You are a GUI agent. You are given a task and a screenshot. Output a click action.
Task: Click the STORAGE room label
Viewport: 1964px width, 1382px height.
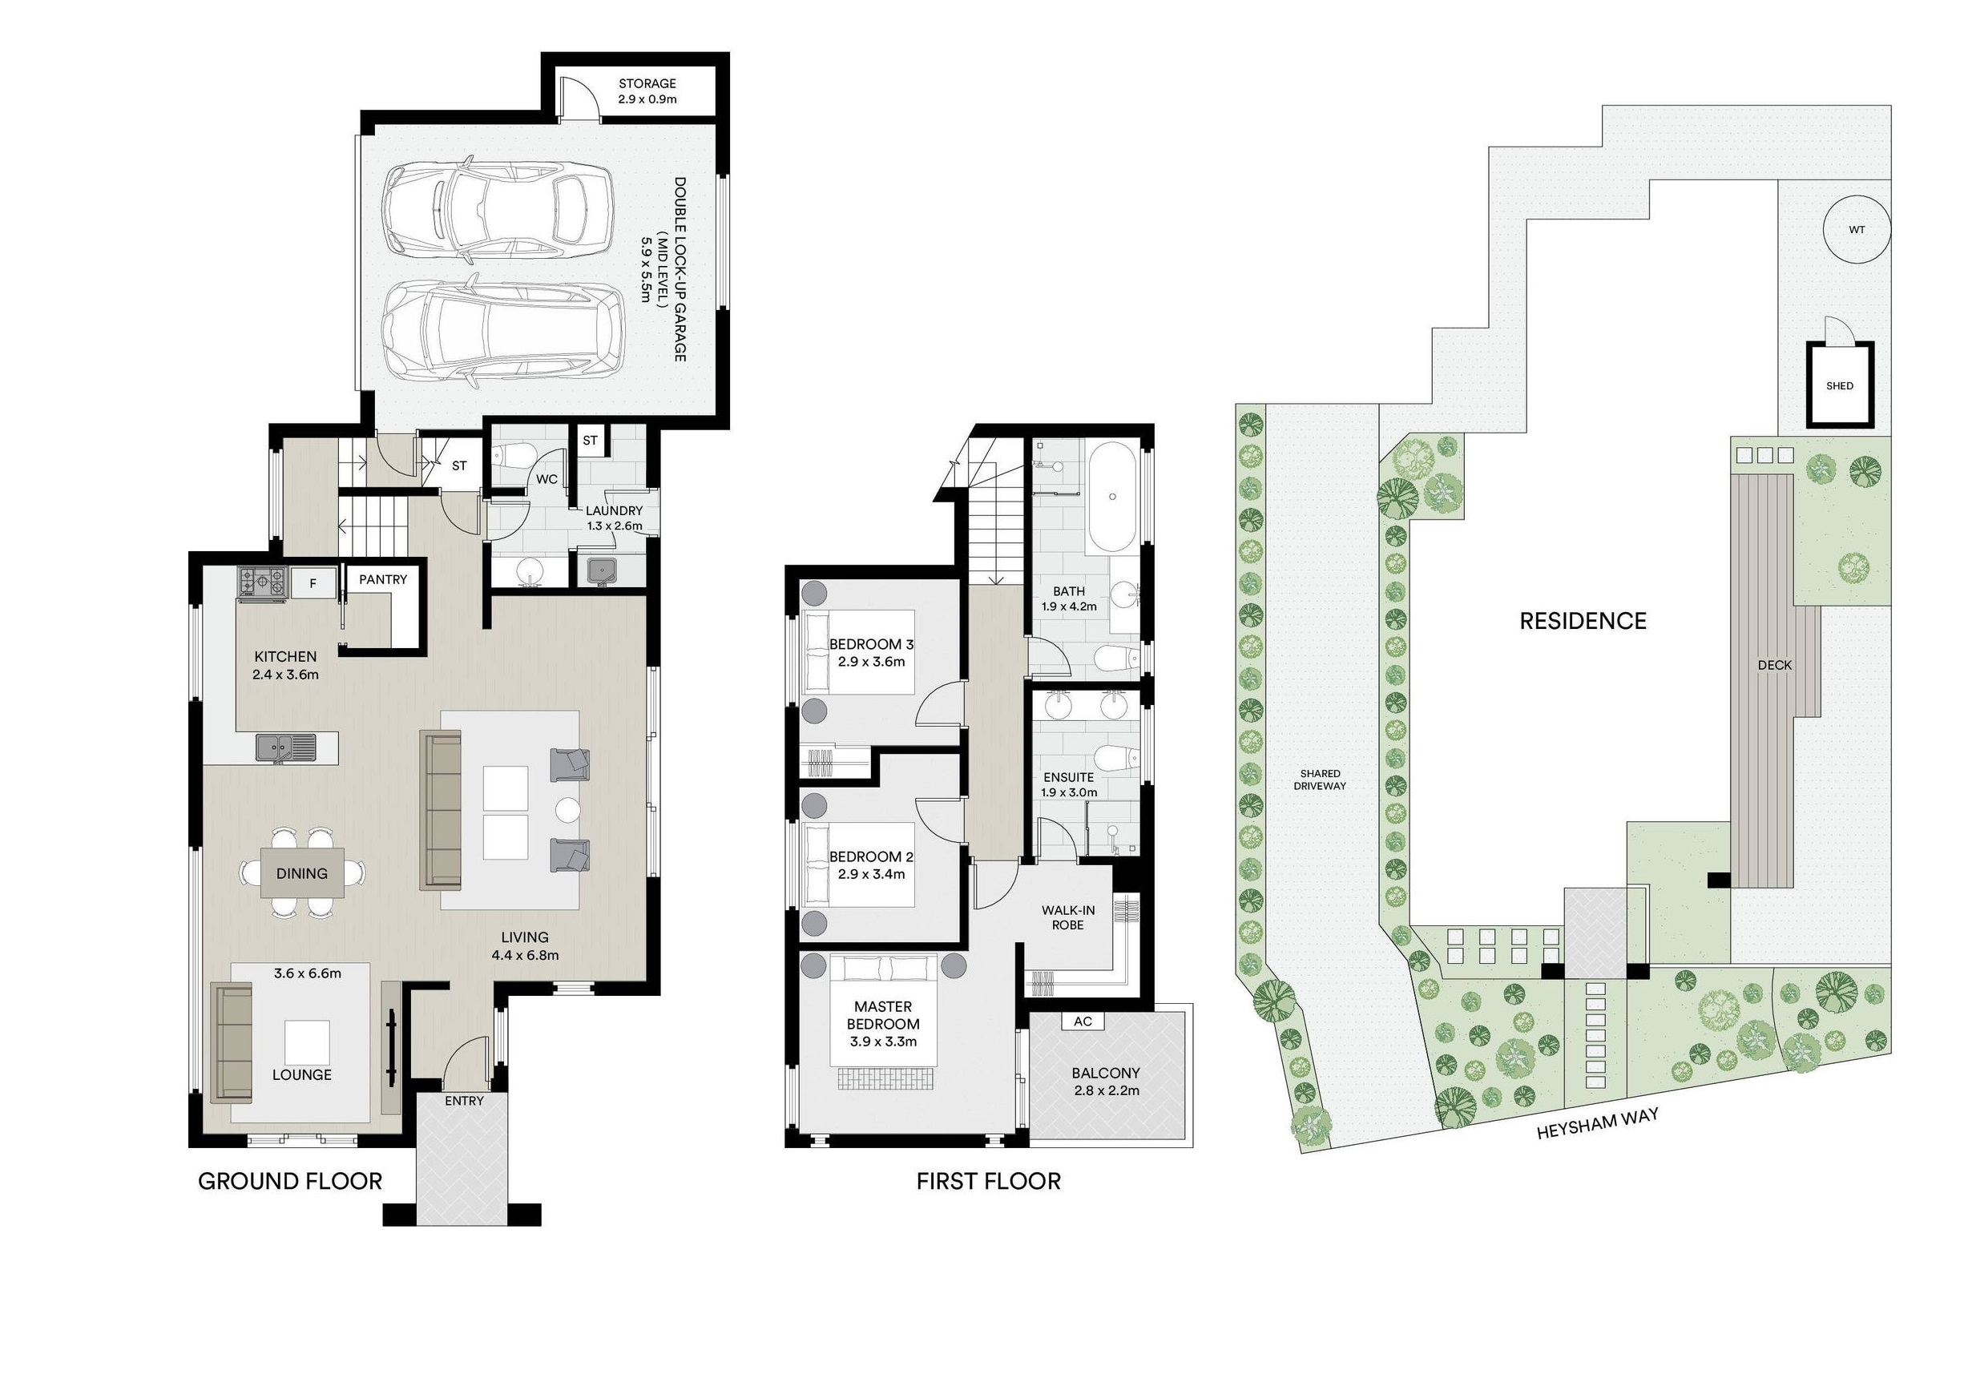point(647,83)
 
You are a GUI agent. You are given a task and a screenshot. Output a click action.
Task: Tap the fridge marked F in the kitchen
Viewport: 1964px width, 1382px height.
point(313,584)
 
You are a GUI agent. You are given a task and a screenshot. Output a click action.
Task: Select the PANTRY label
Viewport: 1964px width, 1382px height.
point(382,579)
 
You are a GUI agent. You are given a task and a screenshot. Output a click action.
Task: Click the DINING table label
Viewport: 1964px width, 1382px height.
point(302,873)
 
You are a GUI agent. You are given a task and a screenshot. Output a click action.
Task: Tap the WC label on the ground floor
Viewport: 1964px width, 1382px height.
point(546,479)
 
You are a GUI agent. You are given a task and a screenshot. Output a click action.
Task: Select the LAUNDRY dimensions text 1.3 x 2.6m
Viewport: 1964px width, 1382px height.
point(614,526)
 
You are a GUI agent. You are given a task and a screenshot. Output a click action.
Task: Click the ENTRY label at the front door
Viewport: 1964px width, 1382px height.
point(464,1101)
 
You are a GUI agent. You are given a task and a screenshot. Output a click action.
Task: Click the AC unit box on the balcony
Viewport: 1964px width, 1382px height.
point(1082,1022)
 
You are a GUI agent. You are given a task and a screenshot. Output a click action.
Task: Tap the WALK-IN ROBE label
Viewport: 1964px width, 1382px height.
point(1068,917)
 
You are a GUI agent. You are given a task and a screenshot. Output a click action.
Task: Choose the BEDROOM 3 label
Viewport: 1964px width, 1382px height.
point(871,644)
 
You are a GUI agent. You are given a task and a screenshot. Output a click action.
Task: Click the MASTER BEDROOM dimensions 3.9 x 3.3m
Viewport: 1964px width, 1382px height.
point(883,1042)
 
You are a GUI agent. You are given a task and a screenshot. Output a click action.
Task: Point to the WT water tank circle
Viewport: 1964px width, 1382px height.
point(1855,230)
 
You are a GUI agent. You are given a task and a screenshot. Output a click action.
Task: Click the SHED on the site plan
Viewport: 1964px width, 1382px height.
point(1839,385)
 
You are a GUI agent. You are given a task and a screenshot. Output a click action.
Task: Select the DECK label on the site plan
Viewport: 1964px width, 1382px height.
point(1774,664)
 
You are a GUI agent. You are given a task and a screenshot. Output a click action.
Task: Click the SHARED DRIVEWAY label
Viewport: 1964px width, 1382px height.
point(1320,779)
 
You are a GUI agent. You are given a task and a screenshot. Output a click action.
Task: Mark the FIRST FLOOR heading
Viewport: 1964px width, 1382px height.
point(988,1181)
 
